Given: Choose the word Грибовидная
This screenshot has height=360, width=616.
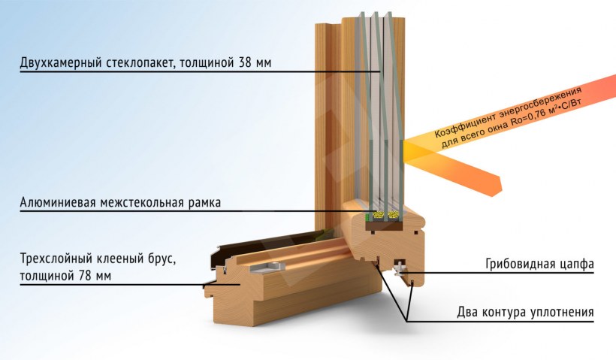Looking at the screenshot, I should (518, 265).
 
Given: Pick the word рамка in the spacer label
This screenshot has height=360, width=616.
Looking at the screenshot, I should (204, 203).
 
